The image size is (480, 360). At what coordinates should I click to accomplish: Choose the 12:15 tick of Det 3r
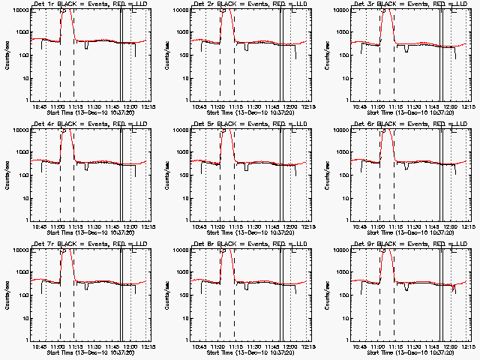click(468, 106)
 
